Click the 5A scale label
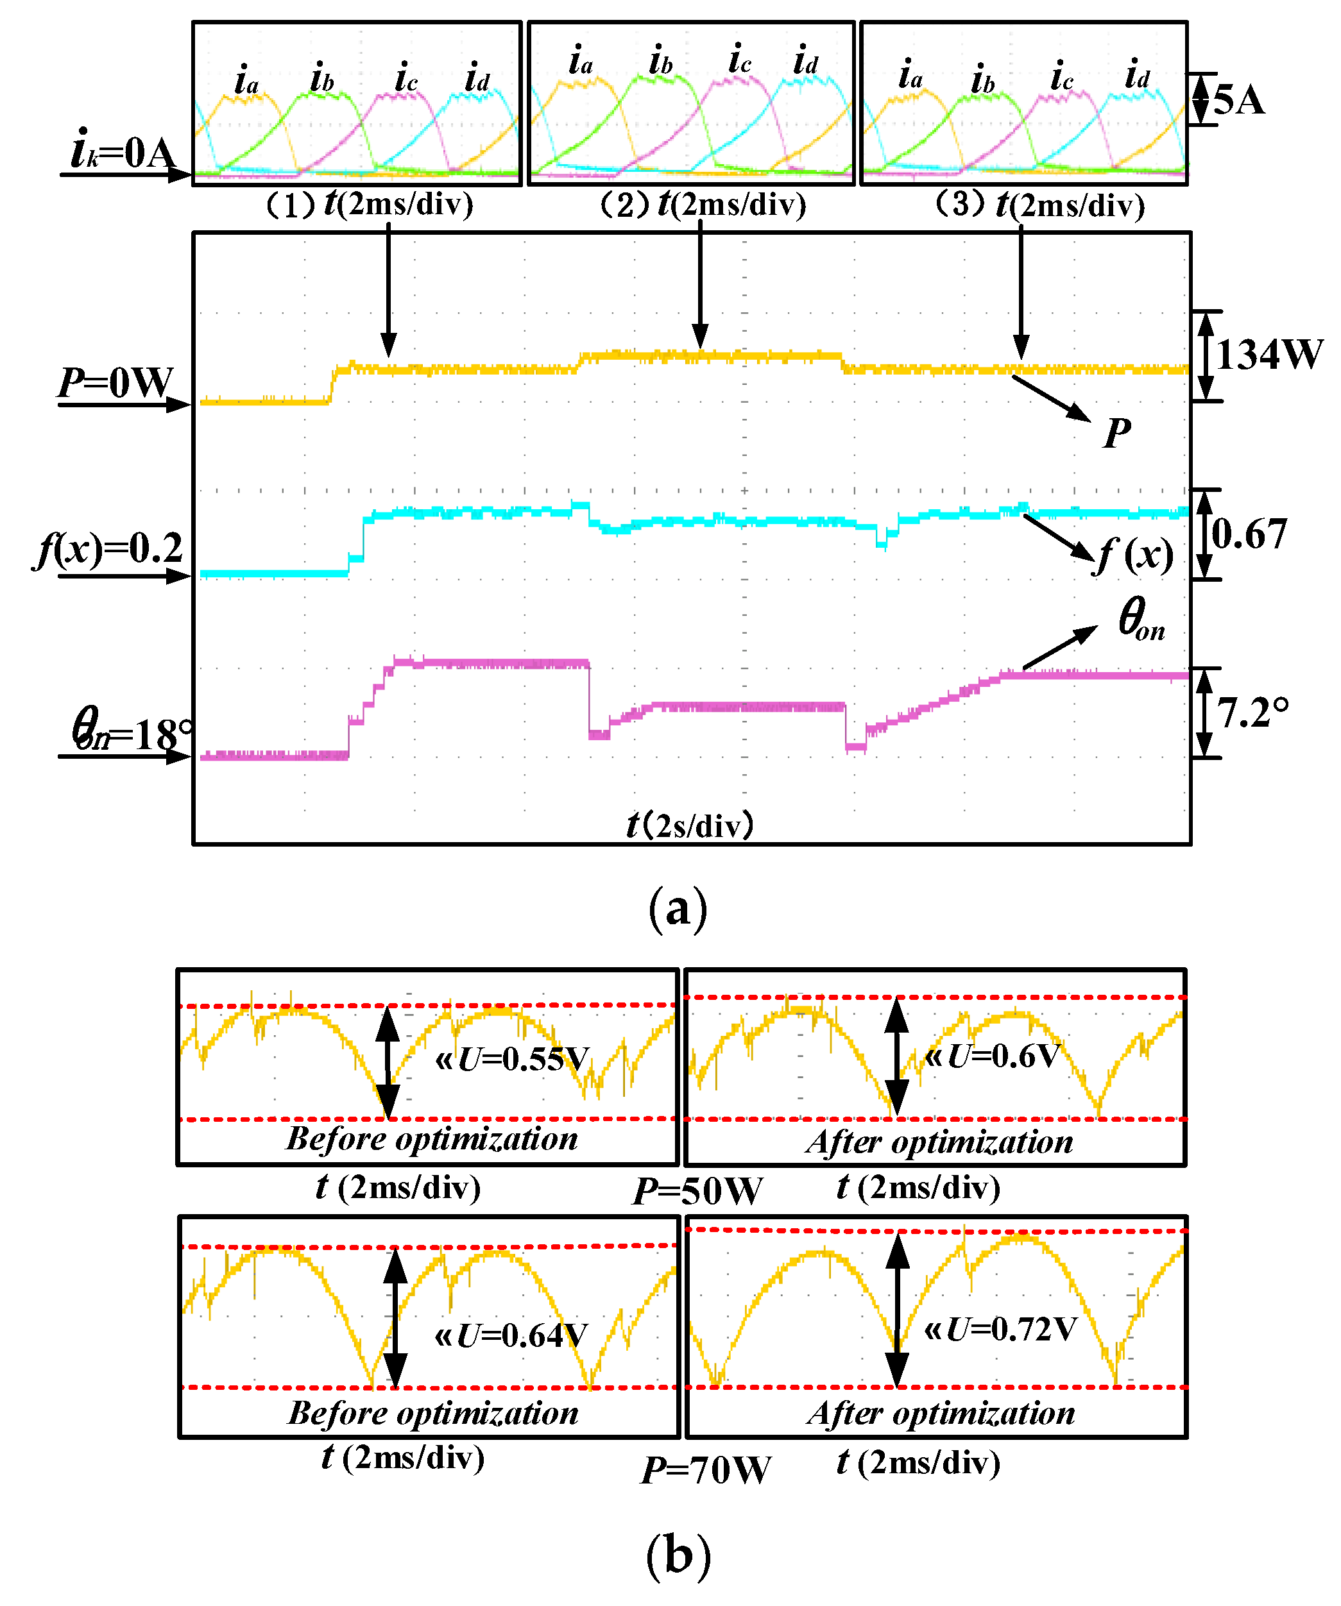pyautogui.click(x=1238, y=100)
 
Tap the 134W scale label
pyautogui.click(x=1268, y=355)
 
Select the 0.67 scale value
pyautogui.click(x=1249, y=534)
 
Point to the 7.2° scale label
pyautogui.click(x=1252, y=713)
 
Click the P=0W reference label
pyautogui.click(x=116, y=382)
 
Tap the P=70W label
pyautogui.click(x=706, y=1470)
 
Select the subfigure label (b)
pyautogui.click(x=678, y=1555)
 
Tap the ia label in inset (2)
pyautogui.click(x=581, y=61)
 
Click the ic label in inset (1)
pyautogui.click(x=406, y=78)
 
